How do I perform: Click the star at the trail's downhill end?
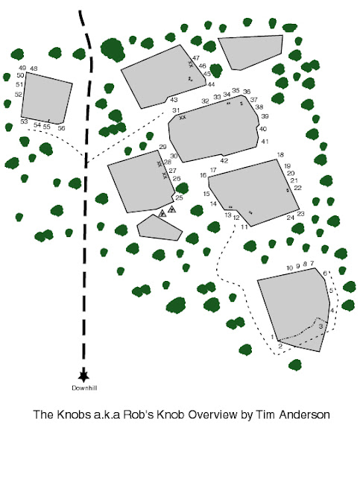[x=83, y=376]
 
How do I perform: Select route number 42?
[x=224, y=160]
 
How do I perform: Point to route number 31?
[x=177, y=110]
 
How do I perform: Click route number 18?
[x=281, y=154]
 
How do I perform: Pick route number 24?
[x=291, y=218]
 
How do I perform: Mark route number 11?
[x=244, y=227]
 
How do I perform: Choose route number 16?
[x=203, y=175]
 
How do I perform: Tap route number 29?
[x=162, y=146]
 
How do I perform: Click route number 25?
[x=179, y=198]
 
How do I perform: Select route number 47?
[x=196, y=58]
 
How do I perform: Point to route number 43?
[x=174, y=99]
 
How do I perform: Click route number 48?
[x=34, y=69]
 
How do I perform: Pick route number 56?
[x=61, y=128]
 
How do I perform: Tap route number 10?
[x=289, y=268]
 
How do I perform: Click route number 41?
[x=265, y=142]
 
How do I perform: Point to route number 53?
[x=24, y=121]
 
